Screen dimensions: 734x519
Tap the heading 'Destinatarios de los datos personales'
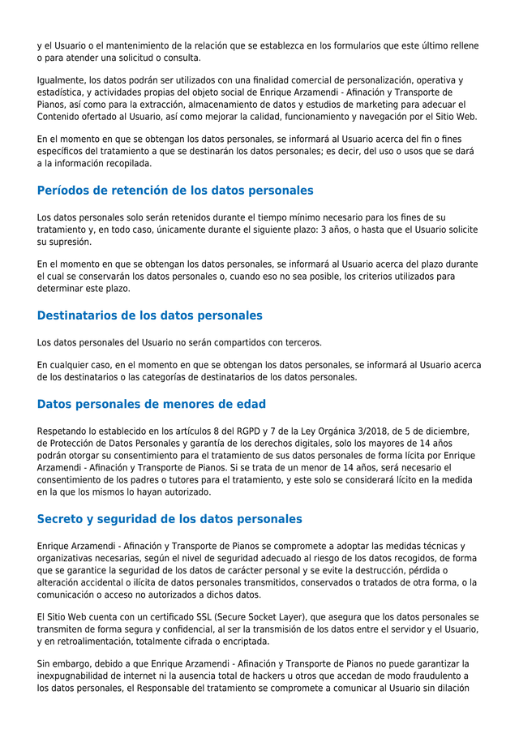[149, 315]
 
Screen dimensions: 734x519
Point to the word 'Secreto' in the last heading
[62, 519]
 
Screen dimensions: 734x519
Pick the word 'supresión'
[69, 242]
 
